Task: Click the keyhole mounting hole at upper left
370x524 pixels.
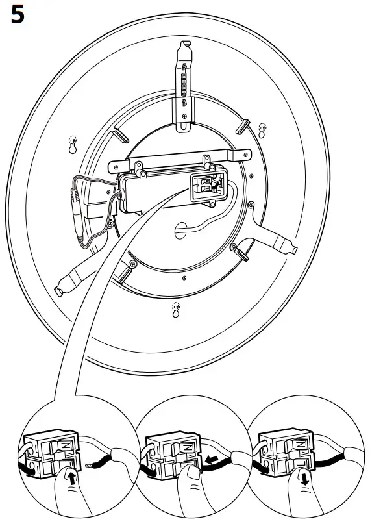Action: click(72, 143)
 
